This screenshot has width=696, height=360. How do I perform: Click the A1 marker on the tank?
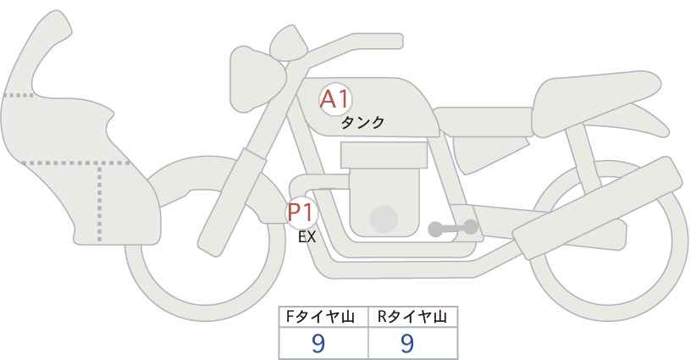click(x=335, y=99)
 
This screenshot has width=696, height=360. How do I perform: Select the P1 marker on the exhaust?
click(x=301, y=213)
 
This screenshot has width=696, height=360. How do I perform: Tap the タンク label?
click(x=362, y=123)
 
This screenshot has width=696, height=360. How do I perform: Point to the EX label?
click(x=307, y=237)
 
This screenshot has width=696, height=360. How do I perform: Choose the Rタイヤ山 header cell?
click(x=413, y=317)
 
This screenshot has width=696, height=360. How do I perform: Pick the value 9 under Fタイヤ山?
click(x=318, y=343)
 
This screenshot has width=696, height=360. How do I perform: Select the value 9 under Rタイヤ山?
click(x=406, y=343)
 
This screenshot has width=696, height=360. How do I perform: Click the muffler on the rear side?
click(x=597, y=208)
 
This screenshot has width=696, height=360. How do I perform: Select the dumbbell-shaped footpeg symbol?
click(x=453, y=228)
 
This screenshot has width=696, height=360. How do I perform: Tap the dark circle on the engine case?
click(x=384, y=219)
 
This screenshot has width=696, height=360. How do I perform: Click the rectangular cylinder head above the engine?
click(x=384, y=155)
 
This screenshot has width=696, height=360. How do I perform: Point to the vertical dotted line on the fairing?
click(x=99, y=202)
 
